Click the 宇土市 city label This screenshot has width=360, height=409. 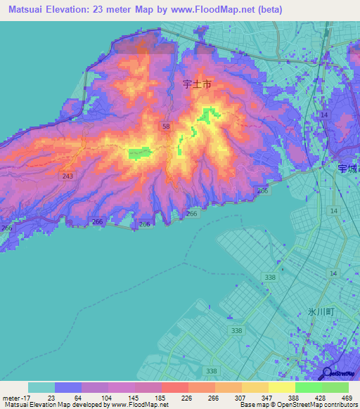197,84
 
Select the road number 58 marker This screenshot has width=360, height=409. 166,126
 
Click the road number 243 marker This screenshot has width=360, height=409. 67,176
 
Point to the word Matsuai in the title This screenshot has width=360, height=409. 30,8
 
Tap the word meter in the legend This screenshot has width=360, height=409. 8,397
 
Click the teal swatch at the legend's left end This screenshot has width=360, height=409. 41,387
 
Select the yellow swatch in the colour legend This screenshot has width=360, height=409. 281,387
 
